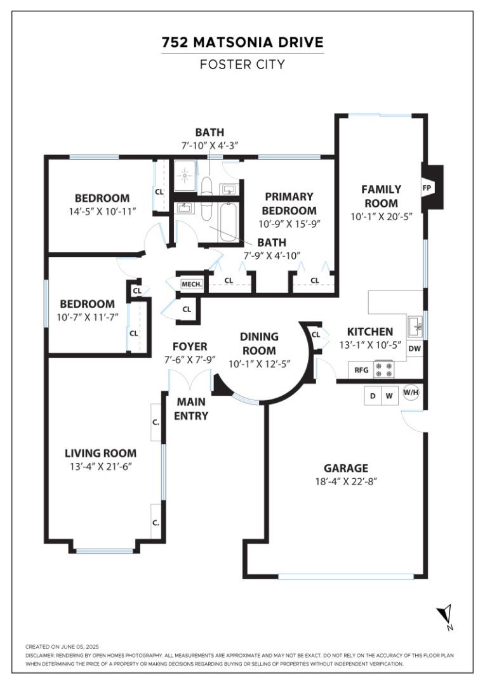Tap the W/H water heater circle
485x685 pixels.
411,393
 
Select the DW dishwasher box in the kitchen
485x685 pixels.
415,348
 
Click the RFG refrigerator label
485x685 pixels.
361,369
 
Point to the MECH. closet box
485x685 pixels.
191,285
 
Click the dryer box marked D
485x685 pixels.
373,396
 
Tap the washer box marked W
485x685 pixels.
390,396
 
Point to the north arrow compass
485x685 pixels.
445,616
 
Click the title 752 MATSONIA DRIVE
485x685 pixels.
242,42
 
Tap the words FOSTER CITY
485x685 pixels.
242,64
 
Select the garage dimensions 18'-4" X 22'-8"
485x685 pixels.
346,481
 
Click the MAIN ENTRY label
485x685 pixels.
192,408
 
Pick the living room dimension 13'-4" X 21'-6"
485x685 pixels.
100,466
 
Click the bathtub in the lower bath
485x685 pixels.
228,223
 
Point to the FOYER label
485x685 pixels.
190,346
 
